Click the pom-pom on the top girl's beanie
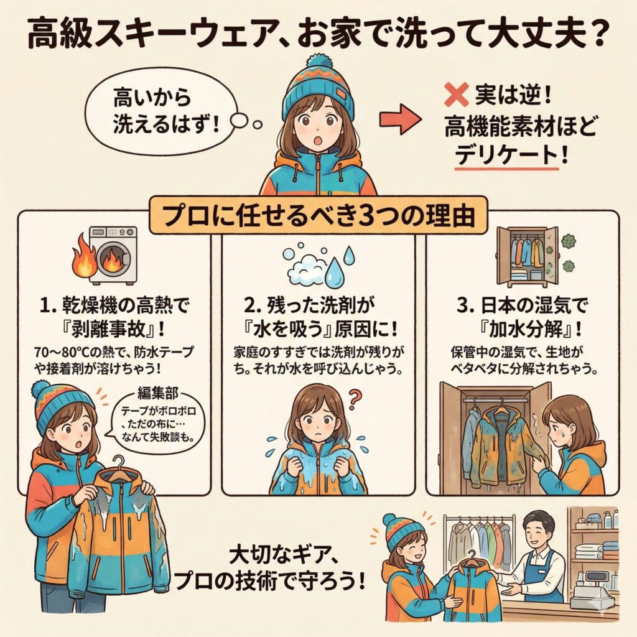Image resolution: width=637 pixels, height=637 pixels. tap(318, 63)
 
